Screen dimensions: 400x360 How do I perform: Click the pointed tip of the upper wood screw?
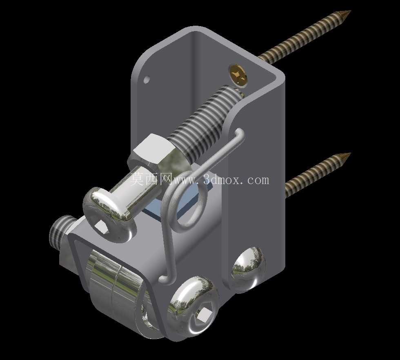click(351, 11)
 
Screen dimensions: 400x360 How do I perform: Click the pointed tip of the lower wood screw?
click(351, 153)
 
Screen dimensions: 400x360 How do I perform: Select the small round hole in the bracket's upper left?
click(147, 80)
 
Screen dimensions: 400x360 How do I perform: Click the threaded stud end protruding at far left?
click(60, 231)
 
